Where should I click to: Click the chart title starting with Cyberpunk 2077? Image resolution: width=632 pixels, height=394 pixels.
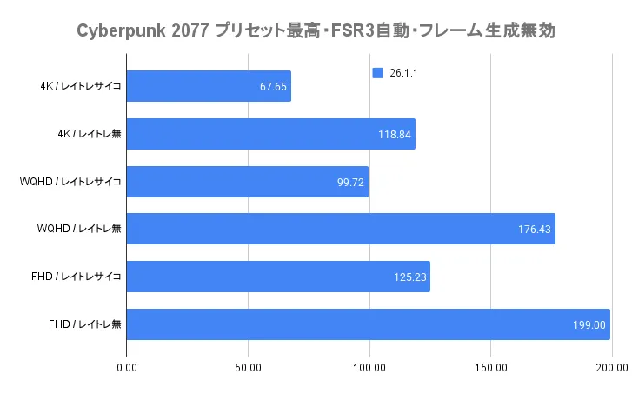[x=316, y=31]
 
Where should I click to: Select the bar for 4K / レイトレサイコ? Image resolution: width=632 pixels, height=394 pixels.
[x=209, y=87]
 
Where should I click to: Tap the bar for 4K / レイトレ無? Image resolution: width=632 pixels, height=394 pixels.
[x=270, y=134]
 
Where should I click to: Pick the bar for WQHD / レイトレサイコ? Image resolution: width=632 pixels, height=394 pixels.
[x=247, y=182]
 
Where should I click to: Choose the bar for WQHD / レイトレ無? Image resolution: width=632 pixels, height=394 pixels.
[x=341, y=229]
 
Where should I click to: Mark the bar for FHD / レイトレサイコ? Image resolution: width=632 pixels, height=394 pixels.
[x=278, y=277]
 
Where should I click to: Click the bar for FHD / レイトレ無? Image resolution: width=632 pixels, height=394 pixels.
[x=368, y=324]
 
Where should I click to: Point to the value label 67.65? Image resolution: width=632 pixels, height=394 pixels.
[x=273, y=87]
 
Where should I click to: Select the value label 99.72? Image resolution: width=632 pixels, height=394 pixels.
[x=350, y=182]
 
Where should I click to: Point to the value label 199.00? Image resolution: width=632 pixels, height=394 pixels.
[x=589, y=324]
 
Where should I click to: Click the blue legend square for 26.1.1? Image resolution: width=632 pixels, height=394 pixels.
[x=376, y=74]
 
